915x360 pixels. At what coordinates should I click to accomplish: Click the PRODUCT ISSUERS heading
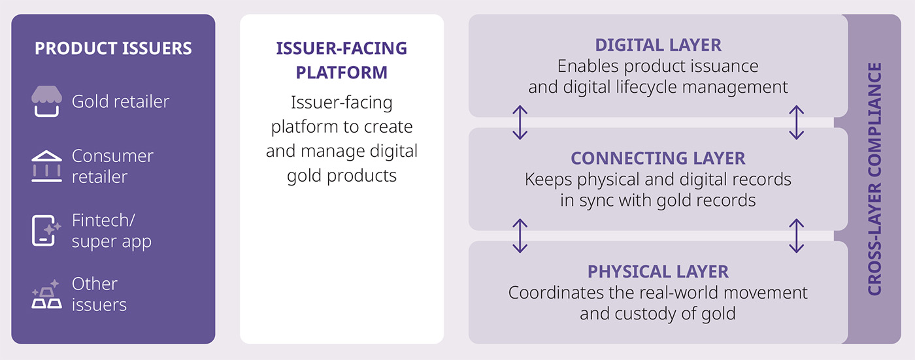point(113,48)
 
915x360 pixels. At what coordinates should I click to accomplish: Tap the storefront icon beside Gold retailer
point(46,102)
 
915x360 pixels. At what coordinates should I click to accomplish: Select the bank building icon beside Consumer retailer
point(46,166)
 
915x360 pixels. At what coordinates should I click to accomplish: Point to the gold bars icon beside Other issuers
point(46,295)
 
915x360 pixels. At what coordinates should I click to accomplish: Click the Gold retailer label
point(120,102)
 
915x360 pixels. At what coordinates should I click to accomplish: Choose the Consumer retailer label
point(112,166)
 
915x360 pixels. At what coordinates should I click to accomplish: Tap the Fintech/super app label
point(111,230)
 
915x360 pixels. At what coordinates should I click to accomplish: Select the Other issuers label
point(99,294)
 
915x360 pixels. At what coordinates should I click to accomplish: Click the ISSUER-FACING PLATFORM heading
point(341,60)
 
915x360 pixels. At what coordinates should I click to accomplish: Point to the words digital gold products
point(341,176)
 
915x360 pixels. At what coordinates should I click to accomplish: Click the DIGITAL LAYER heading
point(657,45)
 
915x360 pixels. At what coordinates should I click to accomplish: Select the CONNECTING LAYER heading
point(657,158)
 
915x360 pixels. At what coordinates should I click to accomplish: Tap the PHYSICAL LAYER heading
point(657,271)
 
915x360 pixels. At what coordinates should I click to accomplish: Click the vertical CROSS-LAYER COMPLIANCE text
point(874,179)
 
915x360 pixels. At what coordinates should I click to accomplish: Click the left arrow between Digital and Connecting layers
point(520,123)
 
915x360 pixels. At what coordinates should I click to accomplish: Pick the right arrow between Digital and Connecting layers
point(796,123)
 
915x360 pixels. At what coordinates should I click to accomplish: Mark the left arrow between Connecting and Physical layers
point(520,236)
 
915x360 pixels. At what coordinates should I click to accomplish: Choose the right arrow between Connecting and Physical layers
point(796,236)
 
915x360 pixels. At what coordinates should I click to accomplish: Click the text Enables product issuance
point(657,66)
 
